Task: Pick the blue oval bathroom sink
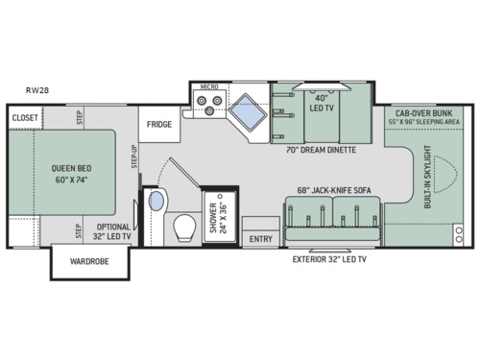[x=156, y=203]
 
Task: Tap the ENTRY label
[x=259, y=237]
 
